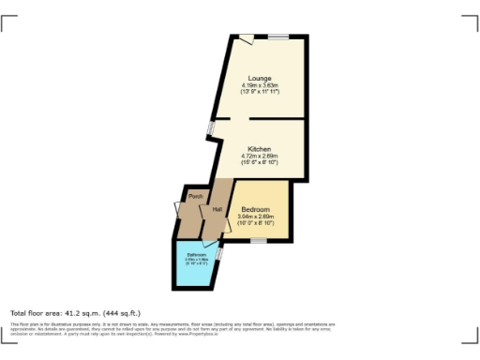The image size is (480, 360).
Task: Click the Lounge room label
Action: pyautogui.click(x=260, y=77)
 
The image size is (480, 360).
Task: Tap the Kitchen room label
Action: pyautogui.click(x=260, y=149)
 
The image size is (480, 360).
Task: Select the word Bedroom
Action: pyautogui.click(x=255, y=209)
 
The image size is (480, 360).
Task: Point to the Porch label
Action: pyautogui.click(x=196, y=196)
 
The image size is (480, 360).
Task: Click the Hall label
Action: pyautogui.click(x=217, y=208)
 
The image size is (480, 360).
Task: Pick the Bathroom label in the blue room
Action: pyautogui.click(x=196, y=255)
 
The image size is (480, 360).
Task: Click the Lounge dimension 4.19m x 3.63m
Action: pyautogui.click(x=260, y=85)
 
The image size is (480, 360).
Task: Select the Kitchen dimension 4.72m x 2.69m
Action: pyautogui.click(x=260, y=157)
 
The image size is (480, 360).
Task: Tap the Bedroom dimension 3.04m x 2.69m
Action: pyautogui.click(x=255, y=217)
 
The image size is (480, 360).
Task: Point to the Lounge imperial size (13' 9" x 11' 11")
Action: pyautogui.click(x=260, y=92)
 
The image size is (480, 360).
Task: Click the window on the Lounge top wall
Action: pyautogui.click(x=279, y=37)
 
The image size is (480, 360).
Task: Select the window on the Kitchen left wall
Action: pyautogui.click(x=211, y=127)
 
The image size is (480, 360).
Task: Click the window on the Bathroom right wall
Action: pyautogui.click(x=218, y=253)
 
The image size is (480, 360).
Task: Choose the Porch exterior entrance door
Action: pyautogui.click(x=178, y=208)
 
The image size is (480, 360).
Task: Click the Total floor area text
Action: pyautogui.click(x=75, y=312)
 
